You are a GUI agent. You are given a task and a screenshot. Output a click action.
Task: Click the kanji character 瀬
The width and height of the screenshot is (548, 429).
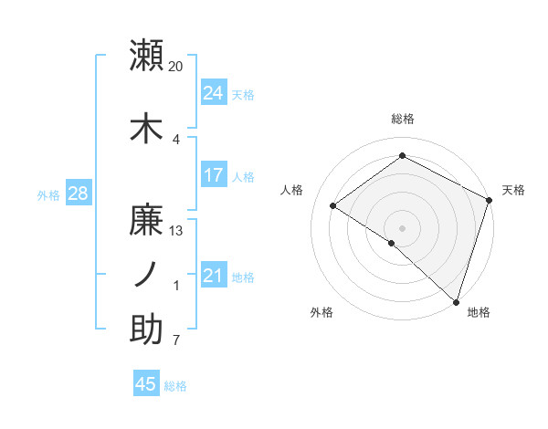[146, 56]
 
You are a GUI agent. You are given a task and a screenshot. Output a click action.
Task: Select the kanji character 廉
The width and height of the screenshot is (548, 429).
[146, 220]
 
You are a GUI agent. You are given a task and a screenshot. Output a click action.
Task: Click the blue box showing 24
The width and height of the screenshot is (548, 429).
[213, 92]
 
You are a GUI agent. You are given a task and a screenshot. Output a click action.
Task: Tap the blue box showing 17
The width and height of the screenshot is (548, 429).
[213, 174]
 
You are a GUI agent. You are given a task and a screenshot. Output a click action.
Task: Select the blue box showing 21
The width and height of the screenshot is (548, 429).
[213, 275]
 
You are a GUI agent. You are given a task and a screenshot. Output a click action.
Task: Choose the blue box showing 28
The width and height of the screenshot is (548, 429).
[78, 193]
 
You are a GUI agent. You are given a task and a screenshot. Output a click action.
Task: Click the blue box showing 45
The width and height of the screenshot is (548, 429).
[146, 384]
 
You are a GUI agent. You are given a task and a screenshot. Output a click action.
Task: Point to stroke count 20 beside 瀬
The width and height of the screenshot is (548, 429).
[175, 67]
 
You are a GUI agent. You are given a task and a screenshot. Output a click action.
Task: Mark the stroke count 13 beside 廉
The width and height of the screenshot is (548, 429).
[176, 230]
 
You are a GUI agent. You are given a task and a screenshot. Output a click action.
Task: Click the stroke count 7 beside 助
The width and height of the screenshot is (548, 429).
[175, 341]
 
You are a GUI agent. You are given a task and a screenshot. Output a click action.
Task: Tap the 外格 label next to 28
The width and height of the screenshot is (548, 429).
[48, 194]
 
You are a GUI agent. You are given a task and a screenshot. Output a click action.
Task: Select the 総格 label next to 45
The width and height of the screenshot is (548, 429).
[175, 385]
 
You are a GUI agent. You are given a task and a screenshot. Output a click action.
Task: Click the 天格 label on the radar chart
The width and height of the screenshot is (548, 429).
[513, 190]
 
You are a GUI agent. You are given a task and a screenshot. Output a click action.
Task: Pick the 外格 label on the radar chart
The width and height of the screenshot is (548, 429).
[321, 313]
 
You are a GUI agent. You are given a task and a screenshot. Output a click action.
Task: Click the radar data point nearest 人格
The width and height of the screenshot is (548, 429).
[333, 205]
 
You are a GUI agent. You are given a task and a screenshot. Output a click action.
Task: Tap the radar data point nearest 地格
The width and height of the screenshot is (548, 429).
[456, 301]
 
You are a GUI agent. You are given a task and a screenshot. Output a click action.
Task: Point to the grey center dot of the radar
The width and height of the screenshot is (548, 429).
[402, 227]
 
